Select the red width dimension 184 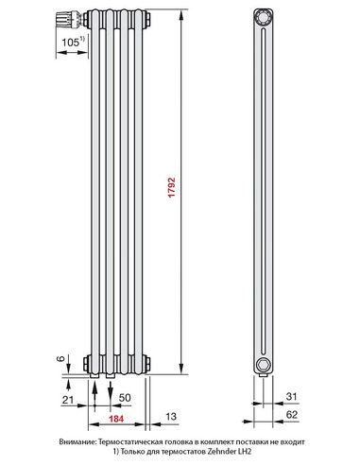coord(113,419)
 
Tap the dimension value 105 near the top coord(69,43)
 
